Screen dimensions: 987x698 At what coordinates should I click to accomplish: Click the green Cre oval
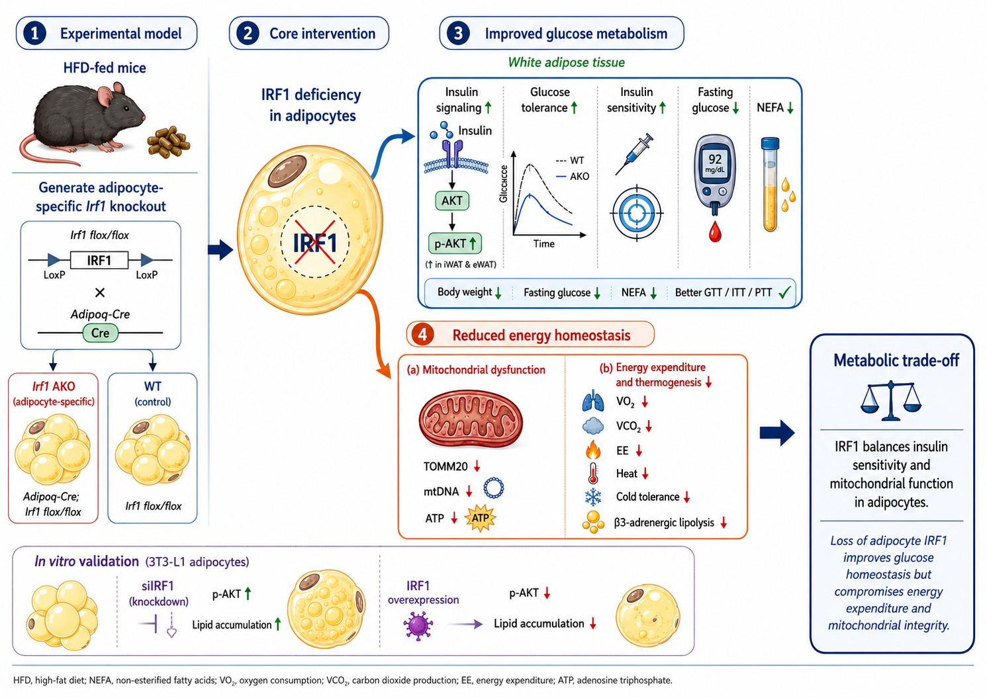101,333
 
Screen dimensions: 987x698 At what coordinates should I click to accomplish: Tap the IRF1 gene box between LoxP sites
99,260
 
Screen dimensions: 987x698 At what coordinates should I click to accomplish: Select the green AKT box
452,201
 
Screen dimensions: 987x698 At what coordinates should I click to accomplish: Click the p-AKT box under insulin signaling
455,243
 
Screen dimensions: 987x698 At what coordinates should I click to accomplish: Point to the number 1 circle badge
35,34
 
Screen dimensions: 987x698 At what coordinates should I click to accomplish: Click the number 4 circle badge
422,335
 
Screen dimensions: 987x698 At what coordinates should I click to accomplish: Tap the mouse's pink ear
106,97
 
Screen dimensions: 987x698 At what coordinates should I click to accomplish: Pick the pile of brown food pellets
168,142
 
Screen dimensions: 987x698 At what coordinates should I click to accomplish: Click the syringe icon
634,154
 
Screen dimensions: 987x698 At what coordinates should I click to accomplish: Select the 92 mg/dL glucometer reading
715,161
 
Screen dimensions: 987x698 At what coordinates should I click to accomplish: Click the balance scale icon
891,401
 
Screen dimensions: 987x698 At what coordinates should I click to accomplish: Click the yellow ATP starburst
481,518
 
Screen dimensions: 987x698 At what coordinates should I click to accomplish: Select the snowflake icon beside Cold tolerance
592,497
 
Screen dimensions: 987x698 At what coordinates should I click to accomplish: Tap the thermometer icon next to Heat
592,474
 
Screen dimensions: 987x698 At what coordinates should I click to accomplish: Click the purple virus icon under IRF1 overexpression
418,625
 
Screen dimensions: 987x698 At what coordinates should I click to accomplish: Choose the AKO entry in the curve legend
573,177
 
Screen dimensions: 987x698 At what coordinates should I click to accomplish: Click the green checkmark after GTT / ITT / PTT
784,292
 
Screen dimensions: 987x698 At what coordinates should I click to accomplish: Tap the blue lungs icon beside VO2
592,401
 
